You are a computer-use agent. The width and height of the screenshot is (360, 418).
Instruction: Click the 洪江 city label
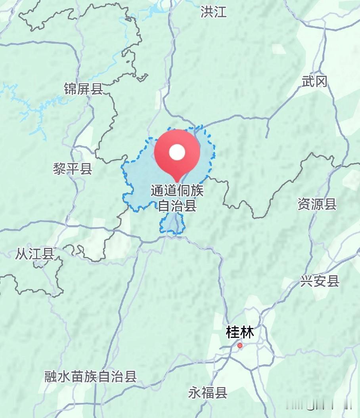pos(213,12)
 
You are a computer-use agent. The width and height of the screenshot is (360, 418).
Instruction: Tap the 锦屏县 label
pos(83,89)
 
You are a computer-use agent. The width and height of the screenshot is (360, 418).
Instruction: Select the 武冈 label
pos(314,82)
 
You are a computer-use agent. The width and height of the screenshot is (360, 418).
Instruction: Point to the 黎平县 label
pos(73,169)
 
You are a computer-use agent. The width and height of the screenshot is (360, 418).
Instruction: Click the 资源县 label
pos(317,204)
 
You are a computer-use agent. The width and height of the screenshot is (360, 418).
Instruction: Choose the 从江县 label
pos(34,254)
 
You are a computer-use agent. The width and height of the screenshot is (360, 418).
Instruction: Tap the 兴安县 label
pos(320,281)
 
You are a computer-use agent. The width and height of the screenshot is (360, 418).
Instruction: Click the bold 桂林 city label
pos(239,332)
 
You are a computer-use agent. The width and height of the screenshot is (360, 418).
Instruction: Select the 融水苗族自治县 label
pos(91,376)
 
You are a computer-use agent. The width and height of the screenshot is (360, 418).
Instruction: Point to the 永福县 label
pos(208,393)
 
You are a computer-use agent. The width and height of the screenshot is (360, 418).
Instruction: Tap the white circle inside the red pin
pos(177,151)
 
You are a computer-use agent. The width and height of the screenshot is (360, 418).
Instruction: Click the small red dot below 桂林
pos(240,346)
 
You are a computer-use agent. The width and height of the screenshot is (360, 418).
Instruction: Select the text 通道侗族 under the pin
pos(177,191)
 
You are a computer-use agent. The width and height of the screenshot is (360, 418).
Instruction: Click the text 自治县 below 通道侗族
pos(177,206)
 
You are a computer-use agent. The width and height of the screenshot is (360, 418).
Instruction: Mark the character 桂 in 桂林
pos(233,332)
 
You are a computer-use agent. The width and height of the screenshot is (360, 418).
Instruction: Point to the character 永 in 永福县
pos(195,393)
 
